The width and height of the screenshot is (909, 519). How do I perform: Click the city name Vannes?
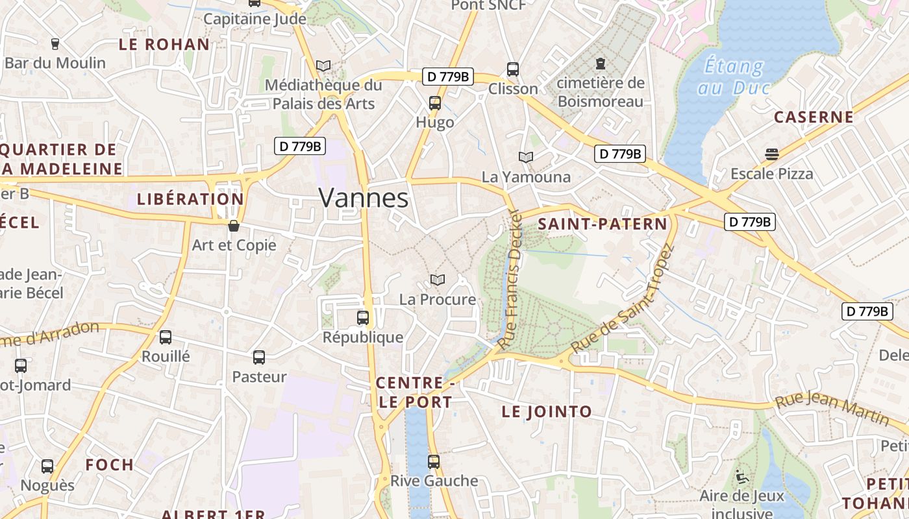pyautogui.click(x=364, y=198)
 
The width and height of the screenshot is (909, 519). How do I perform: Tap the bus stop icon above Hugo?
pyautogui.click(x=435, y=103)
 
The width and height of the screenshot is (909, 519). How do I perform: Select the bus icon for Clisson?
pyautogui.click(x=513, y=69)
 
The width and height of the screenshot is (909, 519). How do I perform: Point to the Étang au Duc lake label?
pyautogui.click(x=734, y=77)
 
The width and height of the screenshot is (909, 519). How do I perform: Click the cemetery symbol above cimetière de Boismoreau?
pyautogui.click(x=601, y=64)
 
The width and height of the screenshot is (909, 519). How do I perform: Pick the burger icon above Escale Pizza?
pyautogui.click(x=771, y=154)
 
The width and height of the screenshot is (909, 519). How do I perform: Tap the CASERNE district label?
pyautogui.click(x=814, y=117)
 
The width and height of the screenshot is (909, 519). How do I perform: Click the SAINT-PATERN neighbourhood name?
pyautogui.click(x=603, y=224)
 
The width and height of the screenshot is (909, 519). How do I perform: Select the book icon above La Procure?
pyautogui.click(x=438, y=280)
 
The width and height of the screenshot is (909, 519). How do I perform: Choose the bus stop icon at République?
pyautogui.click(x=363, y=318)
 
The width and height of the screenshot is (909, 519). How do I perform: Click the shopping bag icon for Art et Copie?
pyautogui.click(x=234, y=226)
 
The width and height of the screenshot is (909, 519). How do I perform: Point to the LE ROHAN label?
pyautogui.click(x=164, y=45)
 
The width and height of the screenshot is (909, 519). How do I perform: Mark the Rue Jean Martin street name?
pyautogui.click(x=832, y=409)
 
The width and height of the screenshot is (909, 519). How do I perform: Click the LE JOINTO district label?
pyautogui.click(x=547, y=411)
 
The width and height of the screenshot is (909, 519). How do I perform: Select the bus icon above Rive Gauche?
pyautogui.click(x=434, y=462)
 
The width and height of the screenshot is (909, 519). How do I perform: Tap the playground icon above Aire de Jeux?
pyautogui.click(x=741, y=477)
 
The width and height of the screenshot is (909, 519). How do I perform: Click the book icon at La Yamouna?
pyautogui.click(x=526, y=157)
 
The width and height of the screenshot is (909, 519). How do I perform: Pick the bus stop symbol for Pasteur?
pyautogui.click(x=259, y=357)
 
